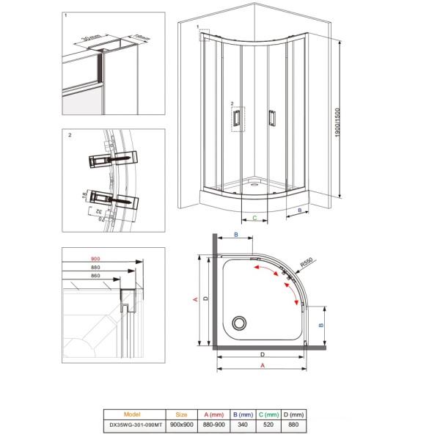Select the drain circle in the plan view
tap(238, 322)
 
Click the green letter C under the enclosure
tap(254, 218)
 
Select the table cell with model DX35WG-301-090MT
tap(133, 425)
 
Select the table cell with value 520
tap(271, 425)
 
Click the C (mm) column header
tap(271, 414)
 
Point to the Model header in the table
tap(133, 414)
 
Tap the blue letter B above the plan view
tap(236, 235)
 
